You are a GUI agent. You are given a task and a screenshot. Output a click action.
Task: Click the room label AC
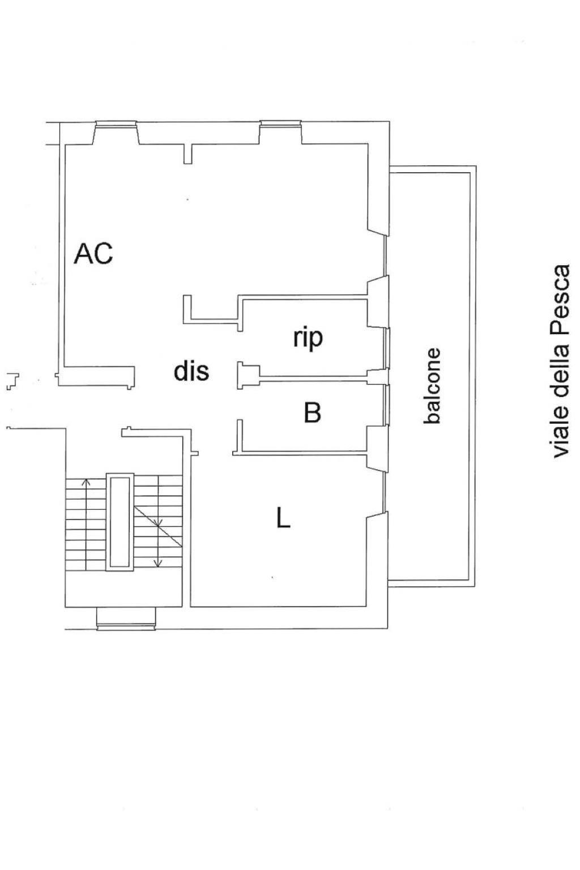(x=93, y=253)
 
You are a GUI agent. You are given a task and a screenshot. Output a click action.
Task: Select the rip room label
(x=308, y=339)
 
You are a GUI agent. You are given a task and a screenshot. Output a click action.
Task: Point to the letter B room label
(x=312, y=412)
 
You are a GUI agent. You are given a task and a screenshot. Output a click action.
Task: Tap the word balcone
(x=432, y=385)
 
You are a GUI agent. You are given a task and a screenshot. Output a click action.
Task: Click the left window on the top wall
(x=116, y=123)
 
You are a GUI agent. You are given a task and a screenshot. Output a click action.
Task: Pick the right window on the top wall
(x=280, y=123)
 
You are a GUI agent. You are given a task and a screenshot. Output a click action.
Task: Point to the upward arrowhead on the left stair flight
(x=86, y=483)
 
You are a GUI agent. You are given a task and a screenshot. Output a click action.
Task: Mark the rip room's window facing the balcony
(x=387, y=348)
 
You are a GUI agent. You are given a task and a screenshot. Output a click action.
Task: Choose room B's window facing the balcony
(x=387, y=405)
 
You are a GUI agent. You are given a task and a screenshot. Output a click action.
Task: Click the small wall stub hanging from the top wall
(x=187, y=154)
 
